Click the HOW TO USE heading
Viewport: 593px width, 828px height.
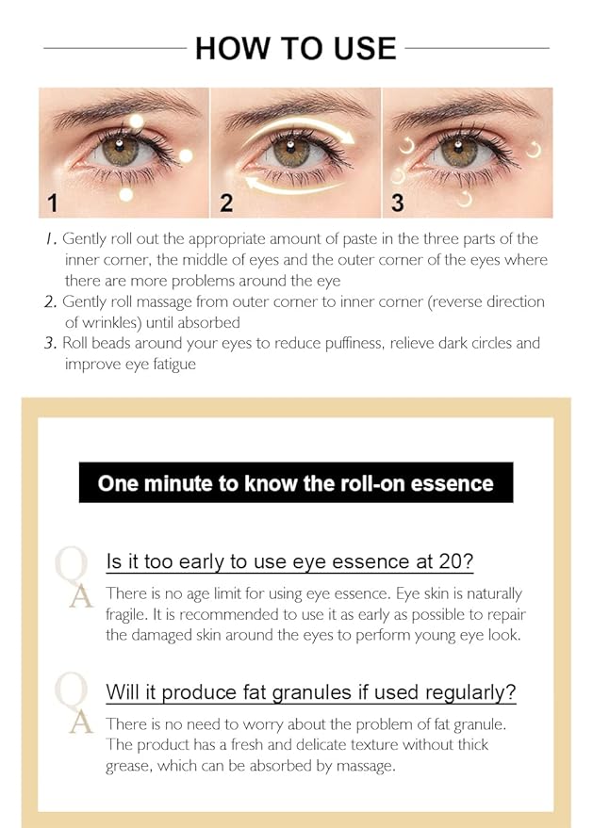(x=296, y=47)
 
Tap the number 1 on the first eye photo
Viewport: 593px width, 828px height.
(x=53, y=202)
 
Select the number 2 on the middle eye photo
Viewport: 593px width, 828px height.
(x=226, y=202)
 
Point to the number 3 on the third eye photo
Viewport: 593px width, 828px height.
(x=398, y=202)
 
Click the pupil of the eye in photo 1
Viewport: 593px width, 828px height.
(x=119, y=150)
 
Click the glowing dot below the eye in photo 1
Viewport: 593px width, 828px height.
(x=125, y=194)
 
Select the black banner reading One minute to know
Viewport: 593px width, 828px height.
(x=296, y=483)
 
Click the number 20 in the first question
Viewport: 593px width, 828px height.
(x=458, y=562)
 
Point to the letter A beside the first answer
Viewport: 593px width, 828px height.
(x=80, y=596)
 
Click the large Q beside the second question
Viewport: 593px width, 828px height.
(x=74, y=691)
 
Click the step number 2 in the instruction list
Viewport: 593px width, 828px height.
(x=50, y=302)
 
